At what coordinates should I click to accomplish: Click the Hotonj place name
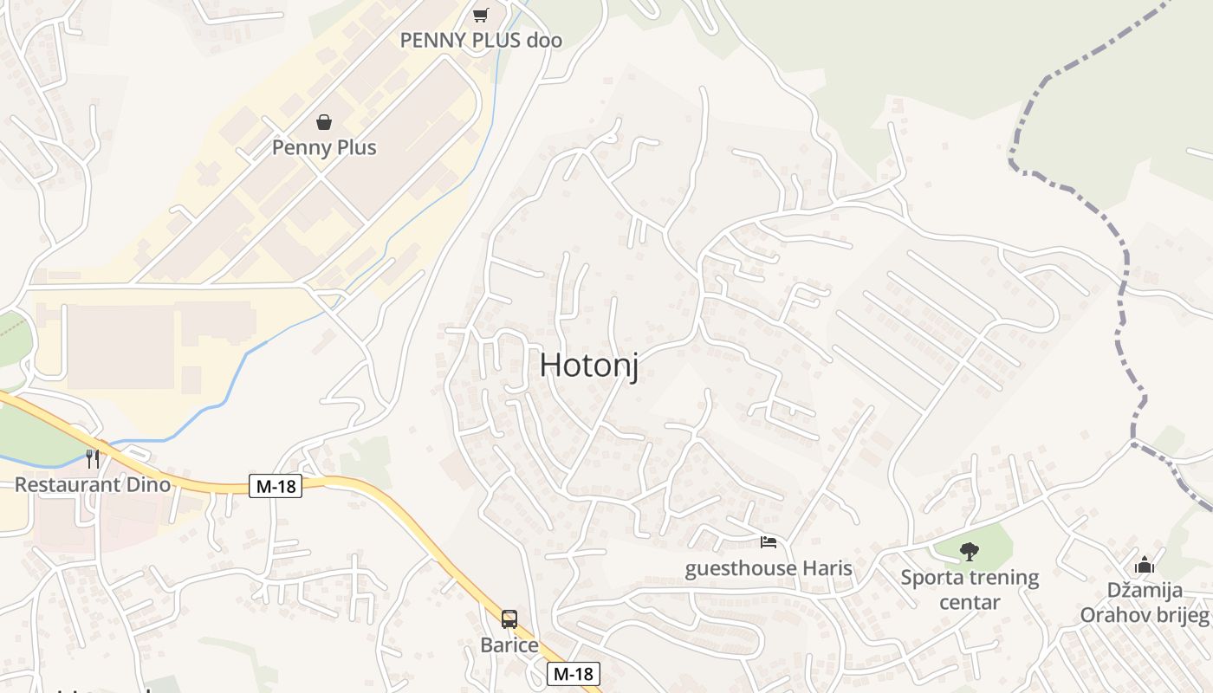[x=589, y=365]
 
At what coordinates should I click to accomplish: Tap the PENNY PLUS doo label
[x=481, y=40]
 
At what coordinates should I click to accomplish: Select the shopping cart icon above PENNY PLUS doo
[x=481, y=15]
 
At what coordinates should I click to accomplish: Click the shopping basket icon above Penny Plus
[x=324, y=122]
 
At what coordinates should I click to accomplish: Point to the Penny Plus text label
[x=324, y=147]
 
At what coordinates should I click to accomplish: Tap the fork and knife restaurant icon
[x=93, y=458]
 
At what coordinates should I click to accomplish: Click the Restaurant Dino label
[x=93, y=483]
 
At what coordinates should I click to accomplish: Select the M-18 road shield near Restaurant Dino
[x=276, y=487]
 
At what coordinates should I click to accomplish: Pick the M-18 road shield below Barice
[x=574, y=673]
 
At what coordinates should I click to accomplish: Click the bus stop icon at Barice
[x=509, y=619]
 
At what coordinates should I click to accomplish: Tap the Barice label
[x=509, y=645]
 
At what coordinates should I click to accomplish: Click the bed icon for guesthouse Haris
[x=769, y=543]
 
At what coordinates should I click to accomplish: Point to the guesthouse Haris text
[x=769, y=568]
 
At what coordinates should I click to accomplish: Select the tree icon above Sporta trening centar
[x=970, y=551]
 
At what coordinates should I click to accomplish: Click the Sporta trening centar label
[x=970, y=589]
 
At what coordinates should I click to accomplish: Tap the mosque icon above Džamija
[x=1145, y=565]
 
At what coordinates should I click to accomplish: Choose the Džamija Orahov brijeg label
[x=1145, y=603]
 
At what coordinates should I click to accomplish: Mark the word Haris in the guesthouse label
[x=826, y=568]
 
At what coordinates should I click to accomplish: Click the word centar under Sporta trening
[x=970, y=602]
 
